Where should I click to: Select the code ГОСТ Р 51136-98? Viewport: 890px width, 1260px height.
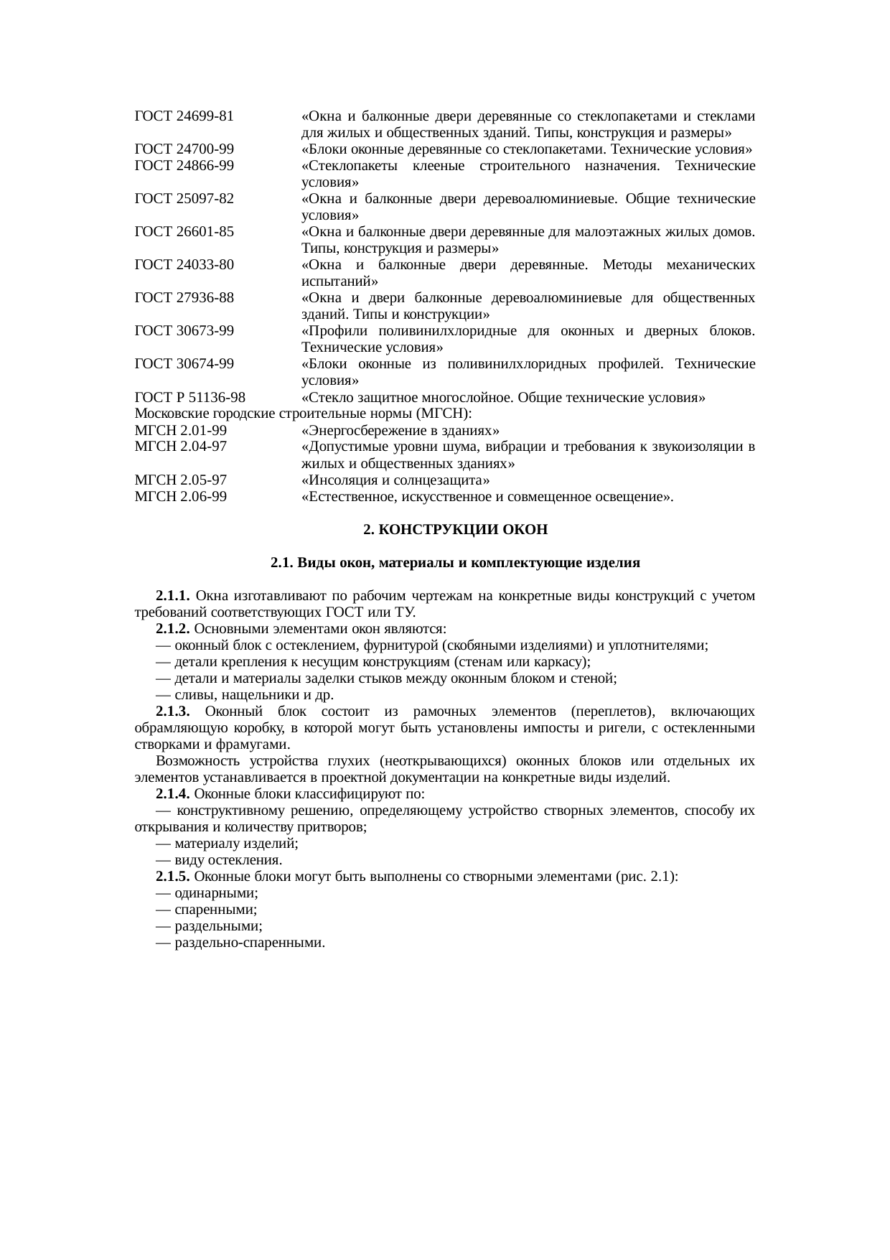(x=189, y=397)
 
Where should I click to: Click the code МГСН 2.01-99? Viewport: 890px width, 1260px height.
(x=181, y=430)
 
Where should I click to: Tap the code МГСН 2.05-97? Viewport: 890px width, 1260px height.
(x=181, y=480)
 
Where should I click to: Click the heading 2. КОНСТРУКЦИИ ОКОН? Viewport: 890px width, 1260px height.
(x=455, y=530)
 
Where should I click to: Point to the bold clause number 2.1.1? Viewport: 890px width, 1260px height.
(x=172, y=596)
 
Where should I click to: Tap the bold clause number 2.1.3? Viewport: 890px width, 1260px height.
(x=172, y=711)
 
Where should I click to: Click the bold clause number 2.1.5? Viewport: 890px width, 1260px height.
(x=172, y=877)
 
